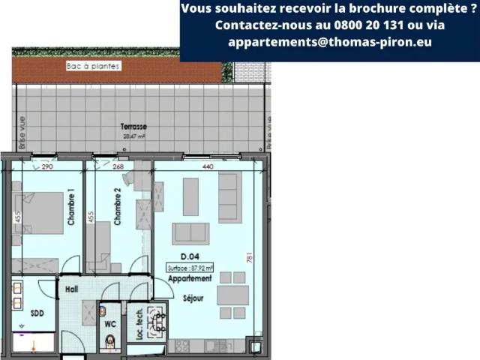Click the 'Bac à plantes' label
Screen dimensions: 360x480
coord(93,66)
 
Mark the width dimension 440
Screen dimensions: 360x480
coord(208,166)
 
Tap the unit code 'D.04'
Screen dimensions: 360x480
coord(190,256)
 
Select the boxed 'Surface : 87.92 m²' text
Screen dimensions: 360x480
coord(190,267)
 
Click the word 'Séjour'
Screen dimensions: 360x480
coord(193,298)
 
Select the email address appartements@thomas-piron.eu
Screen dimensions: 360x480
coord(330,42)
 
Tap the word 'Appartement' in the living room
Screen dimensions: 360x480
coord(190,278)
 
